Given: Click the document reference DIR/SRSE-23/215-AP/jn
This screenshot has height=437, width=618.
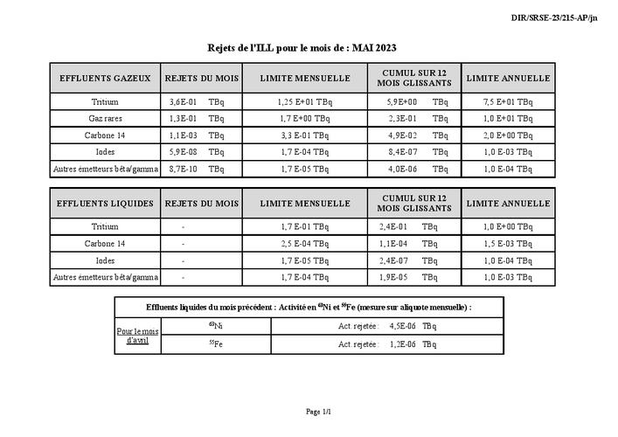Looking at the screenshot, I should [554, 17].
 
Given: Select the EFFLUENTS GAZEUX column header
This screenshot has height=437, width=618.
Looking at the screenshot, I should [105, 78].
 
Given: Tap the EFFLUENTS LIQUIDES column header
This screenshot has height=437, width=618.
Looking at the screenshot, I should [105, 204].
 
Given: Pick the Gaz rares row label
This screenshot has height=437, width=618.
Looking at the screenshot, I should [105, 118].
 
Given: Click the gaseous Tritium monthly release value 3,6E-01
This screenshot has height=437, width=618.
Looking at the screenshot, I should [183, 102].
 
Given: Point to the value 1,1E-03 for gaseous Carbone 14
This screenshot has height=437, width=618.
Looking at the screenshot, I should [183, 135].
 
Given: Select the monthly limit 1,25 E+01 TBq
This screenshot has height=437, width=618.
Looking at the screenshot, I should [305, 102].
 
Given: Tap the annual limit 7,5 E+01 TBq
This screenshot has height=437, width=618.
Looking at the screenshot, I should [508, 102].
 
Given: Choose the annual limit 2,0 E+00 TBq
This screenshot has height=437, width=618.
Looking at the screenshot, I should [508, 135].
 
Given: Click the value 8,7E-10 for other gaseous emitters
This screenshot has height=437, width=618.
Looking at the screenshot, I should [183, 168].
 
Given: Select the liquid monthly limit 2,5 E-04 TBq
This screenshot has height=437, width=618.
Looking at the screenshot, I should [305, 244].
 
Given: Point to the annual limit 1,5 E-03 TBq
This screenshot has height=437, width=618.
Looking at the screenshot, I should [508, 244].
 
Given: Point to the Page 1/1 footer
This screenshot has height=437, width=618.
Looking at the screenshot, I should [318, 411].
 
